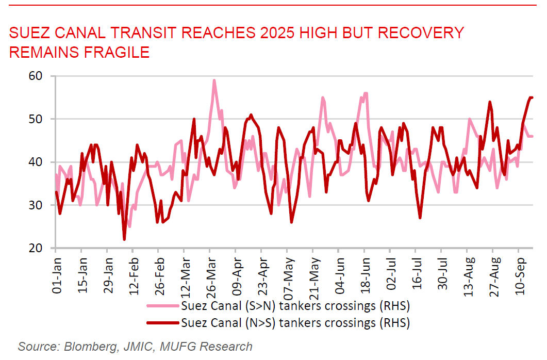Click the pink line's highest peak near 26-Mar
[214, 80]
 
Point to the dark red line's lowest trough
[124, 239]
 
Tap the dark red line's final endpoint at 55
[532, 97]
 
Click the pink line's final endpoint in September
[532, 136]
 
